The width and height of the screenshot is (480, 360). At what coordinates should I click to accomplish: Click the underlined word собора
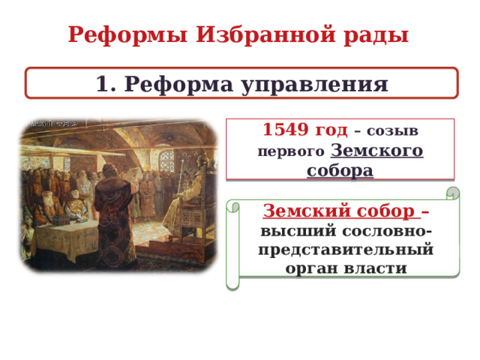pos(340,169)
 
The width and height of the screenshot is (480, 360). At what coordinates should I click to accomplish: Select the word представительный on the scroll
pos(346,247)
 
